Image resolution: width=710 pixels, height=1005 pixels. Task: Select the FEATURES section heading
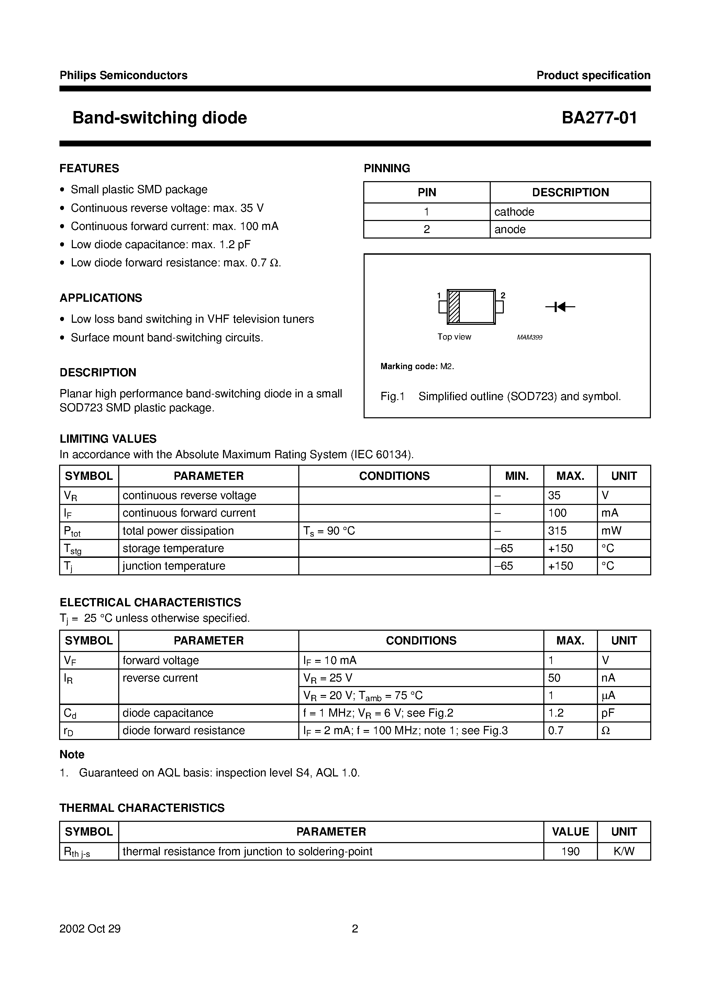[x=89, y=168]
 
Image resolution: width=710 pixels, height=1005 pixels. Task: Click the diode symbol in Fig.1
[x=560, y=307]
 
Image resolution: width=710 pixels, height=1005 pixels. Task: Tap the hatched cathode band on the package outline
[x=454, y=307]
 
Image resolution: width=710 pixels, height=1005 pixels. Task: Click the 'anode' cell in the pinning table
[x=510, y=229]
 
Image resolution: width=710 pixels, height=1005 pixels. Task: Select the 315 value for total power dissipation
[x=557, y=531]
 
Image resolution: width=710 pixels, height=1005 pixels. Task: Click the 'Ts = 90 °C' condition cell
[x=329, y=531]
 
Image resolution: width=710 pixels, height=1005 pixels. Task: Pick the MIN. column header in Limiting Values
[x=517, y=476]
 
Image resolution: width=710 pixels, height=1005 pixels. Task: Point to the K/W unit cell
[x=623, y=851]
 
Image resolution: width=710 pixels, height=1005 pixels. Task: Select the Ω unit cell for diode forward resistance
[x=606, y=731]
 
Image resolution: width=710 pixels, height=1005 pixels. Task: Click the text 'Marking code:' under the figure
[x=408, y=366]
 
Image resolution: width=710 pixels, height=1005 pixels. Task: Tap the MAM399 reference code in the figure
[x=529, y=338]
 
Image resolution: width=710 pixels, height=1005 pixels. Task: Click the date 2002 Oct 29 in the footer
[x=90, y=929]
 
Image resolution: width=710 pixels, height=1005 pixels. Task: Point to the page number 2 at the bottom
[x=355, y=929]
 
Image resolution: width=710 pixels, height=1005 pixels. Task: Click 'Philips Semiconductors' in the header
[x=123, y=75]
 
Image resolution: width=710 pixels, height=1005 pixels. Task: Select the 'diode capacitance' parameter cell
[x=168, y=713]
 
